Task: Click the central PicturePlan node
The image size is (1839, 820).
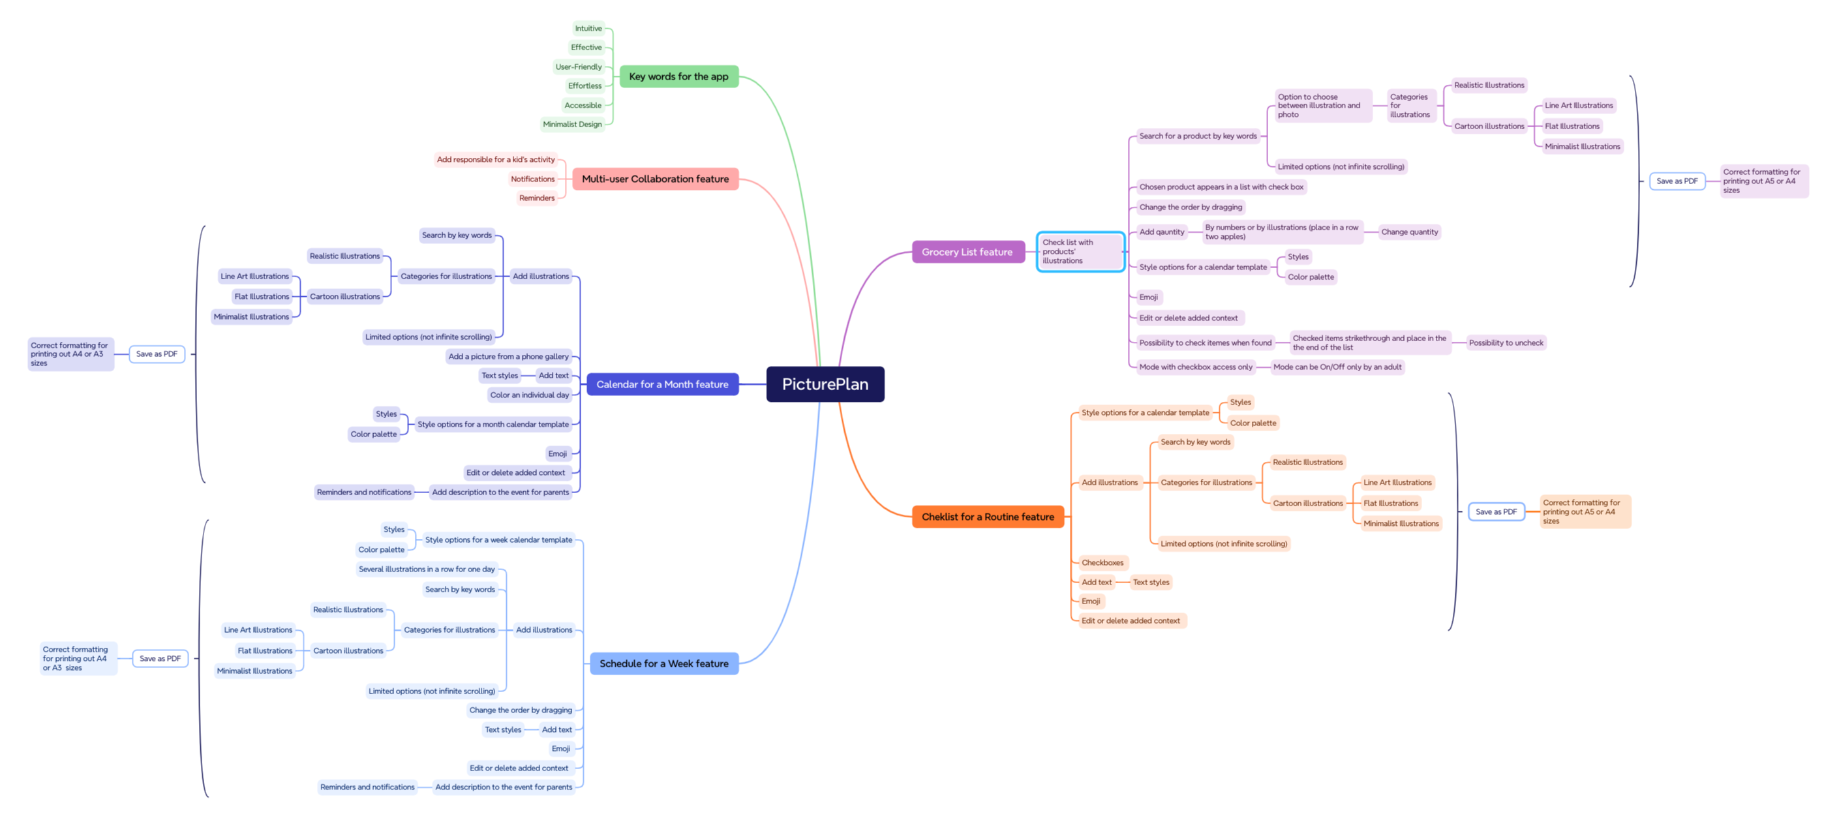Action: [x=825, y=384]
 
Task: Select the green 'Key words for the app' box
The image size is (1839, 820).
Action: [x=678, y=76]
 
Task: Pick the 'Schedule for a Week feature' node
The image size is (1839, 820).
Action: [x=663, y=663]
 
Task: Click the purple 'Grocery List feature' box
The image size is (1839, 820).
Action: [x=967, y=252]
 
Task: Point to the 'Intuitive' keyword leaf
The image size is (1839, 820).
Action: [x=588, y=29]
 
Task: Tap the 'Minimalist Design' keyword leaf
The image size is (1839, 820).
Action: [x=572, y=124]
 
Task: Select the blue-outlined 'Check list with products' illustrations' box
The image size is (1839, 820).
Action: [x=1080, y=252]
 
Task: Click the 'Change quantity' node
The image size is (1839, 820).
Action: [x=1409, y=232]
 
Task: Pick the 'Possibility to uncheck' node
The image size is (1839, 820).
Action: [x=1506, y=343]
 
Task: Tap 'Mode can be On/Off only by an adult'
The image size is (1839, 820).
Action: [x=1337, y=367]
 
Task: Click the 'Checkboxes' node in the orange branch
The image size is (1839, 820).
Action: [x=1102, y=562]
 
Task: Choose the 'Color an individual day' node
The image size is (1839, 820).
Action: [x=529, y=395]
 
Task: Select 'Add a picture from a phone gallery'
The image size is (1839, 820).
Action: [x=508, y=356]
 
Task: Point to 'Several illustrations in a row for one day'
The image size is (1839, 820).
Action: [x=426, y=569]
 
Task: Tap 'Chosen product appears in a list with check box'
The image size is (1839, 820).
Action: [x=1221, y=187]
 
